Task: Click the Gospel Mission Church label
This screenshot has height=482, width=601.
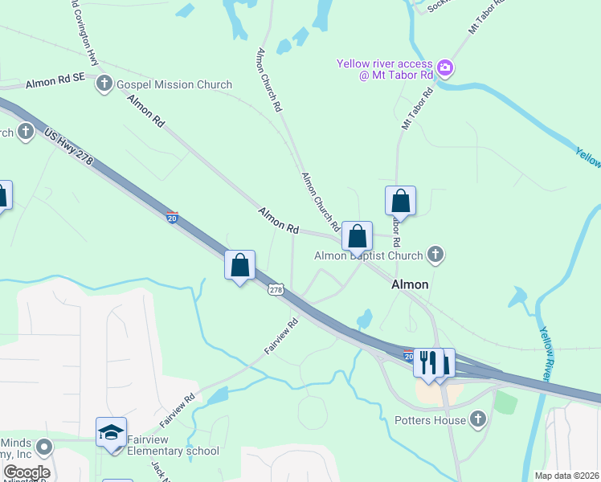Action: (x=174, y=84)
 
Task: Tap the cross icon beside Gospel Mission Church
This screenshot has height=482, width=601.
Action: (x=104, y=84)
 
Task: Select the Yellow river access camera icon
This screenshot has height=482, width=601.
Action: (x=446, y=65)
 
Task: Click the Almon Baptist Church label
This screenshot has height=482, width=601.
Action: (x=368, y=256)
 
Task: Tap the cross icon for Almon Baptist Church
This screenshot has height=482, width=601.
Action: (x=435, y=255)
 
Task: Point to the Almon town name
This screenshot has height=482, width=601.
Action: (x=410, y=284)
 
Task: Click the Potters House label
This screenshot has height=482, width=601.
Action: (x=430, y=420)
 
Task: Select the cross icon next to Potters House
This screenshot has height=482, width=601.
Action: (x=479, y=419)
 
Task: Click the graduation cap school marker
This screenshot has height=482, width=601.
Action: (x=111, y=433)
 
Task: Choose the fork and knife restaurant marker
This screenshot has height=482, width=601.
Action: (x=428, y=361)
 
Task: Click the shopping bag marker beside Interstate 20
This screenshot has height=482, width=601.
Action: (x=239, y=264)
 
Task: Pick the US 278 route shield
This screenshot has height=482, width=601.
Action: (x=276, y=290)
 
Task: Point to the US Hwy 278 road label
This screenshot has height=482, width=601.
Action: (x=69, y=149)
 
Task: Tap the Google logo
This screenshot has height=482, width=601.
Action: (x=26, y=472)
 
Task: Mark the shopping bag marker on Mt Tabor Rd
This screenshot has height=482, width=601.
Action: (x=400, y=201)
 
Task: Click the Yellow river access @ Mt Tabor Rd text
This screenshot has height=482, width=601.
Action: (x=385, y=70)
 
